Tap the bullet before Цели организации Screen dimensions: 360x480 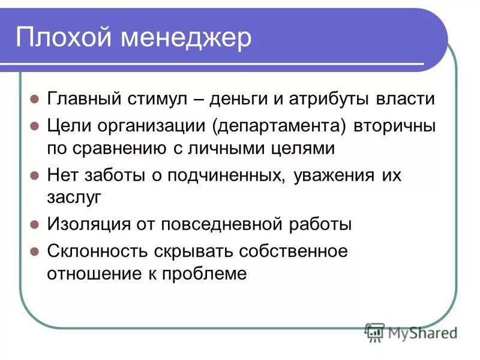pyautogui.click(x=35, y=128)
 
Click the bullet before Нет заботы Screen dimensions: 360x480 pyautogui.click(x=35, y=177)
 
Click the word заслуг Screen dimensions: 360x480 pyautogui.click(x=74, y=196)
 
